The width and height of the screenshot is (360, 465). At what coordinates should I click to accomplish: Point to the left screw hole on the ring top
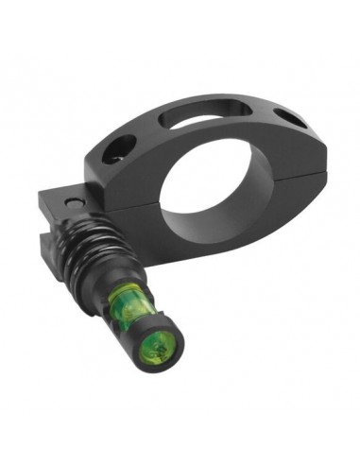[120, 147]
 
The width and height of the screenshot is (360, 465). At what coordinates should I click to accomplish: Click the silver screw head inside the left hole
[119, 152]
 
